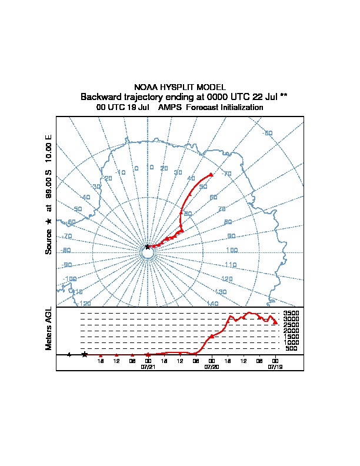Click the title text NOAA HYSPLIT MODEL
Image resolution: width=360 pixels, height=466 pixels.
point(180,87)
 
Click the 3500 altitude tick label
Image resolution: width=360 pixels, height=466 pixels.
point(291,314)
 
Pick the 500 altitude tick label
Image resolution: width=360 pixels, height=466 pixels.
point(291,349)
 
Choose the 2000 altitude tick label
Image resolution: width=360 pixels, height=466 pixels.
point(291,331)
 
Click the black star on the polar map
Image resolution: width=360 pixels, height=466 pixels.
point(147,247)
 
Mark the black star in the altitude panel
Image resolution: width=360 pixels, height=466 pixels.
point(85,354)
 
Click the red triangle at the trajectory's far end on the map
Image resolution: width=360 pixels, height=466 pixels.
point(211,174)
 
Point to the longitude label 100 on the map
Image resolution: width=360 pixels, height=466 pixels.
point(232,250)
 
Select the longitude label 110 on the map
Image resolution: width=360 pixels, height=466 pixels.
point(230,265)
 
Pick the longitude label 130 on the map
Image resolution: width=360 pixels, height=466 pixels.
point(221,292)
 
